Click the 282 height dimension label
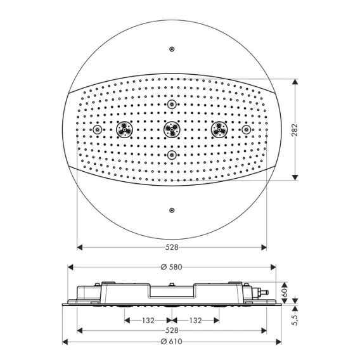tap(294, 130)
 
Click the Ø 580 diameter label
tap(172, 267)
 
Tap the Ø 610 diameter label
tap(172, 342)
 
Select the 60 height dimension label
tap(285, 293)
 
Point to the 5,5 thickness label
tap(295, 320)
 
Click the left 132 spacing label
tap(148, 320)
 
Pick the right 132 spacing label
tap(196, 320)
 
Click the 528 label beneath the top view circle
tap(172, 247)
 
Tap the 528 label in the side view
tap(172, 331)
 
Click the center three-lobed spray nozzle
tap(172, 130)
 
